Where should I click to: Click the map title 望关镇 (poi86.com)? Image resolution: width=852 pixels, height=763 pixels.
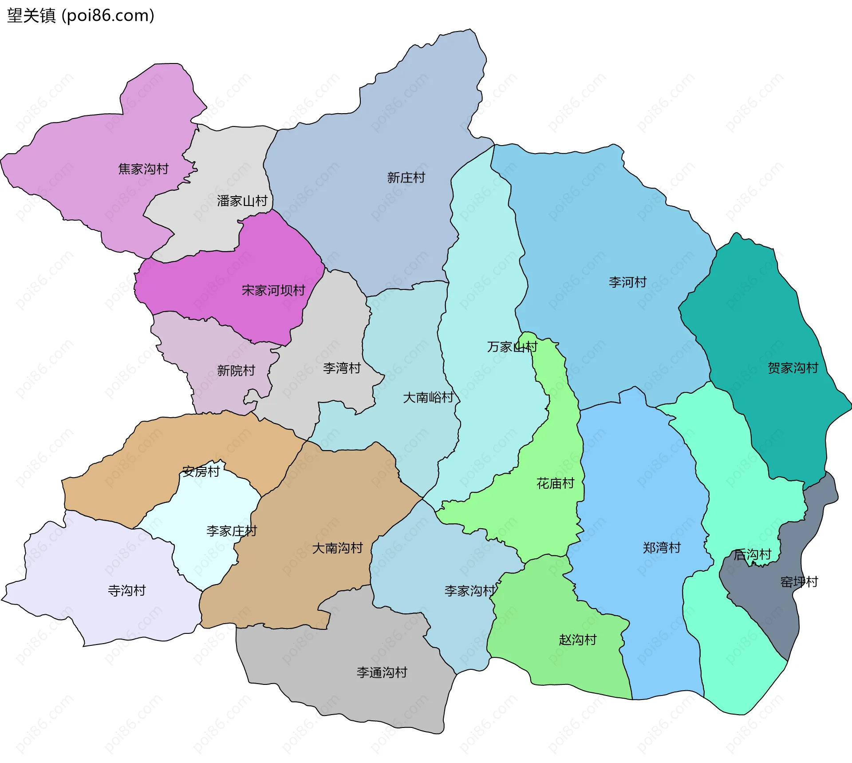[x=81, y=16]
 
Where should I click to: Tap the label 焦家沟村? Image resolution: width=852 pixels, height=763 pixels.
[x=143, y=169]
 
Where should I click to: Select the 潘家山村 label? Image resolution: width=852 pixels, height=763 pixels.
[x=242, y=201]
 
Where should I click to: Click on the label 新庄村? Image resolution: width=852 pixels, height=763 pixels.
[x=406, y=178]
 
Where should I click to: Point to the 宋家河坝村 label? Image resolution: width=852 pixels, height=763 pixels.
[x=273, y=290]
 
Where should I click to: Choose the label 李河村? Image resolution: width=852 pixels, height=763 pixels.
[x=627, y=282]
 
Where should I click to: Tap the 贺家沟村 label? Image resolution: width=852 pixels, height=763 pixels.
[x=793, y=368]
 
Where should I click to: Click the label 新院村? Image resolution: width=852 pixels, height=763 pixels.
[x=236, y=371]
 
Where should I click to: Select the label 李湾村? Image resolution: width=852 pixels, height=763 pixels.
[x=342, y=368]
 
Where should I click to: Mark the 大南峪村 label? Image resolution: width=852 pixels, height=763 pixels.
[x=428, y=397]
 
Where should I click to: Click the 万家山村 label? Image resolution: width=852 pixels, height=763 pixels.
[x=512, y=347]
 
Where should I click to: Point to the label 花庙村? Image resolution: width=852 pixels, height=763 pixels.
[x=556, y=483]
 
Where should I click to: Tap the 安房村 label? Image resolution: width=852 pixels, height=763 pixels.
[x=201, y=471]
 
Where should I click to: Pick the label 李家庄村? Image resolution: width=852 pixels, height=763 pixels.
[x=232, y=531]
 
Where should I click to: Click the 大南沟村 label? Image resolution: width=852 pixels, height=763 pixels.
[x=338, y=548]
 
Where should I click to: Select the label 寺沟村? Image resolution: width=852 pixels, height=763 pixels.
[x=127, y=591]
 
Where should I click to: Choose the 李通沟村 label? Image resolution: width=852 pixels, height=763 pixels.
[x=382, y=672]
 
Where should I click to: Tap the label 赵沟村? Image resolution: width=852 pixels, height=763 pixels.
[x=578, y=640]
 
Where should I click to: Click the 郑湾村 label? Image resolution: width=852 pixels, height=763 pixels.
[x=662, y=548]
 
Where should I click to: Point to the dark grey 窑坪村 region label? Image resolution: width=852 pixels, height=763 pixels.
[x=799, y=582]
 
